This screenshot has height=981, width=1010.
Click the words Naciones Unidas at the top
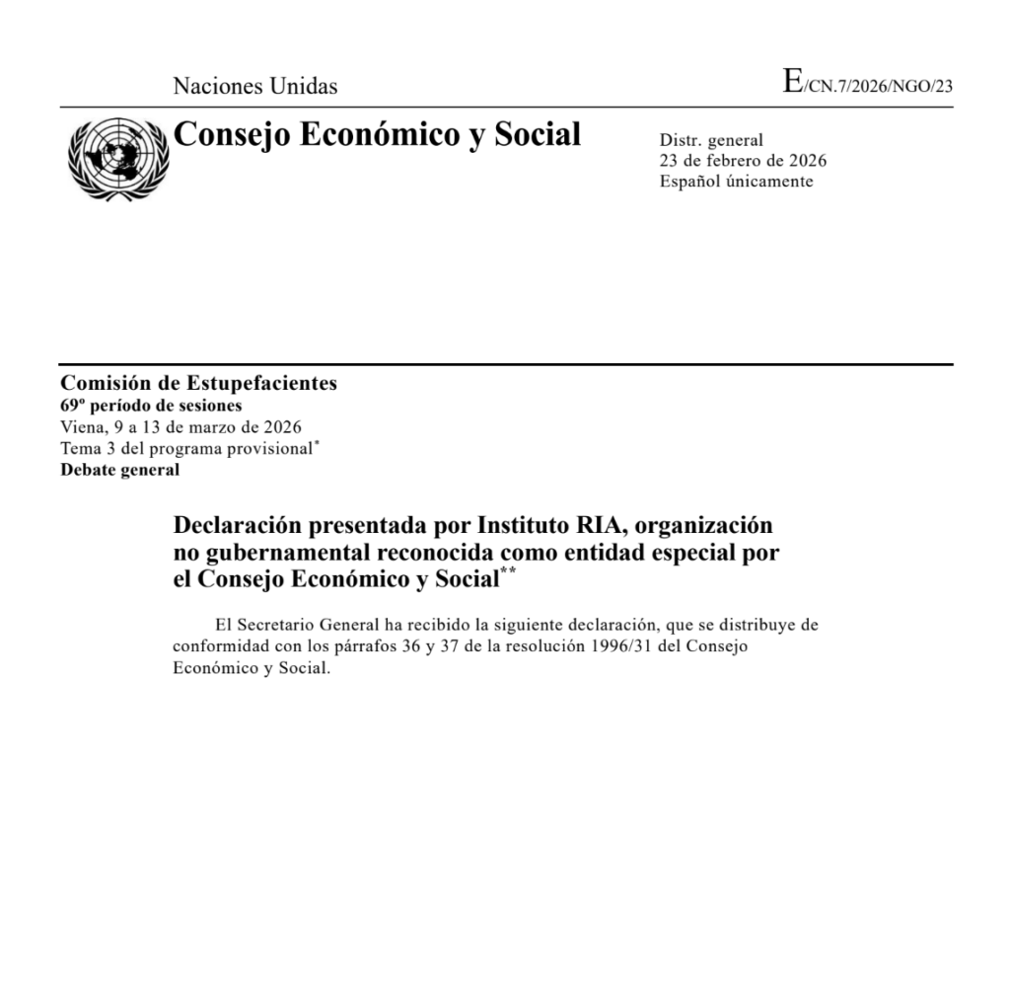(254, 86)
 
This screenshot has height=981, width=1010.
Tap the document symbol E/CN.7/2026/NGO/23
(868, 84)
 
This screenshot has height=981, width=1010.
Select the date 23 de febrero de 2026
(743, 161)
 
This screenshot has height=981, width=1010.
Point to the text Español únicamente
(736, 182)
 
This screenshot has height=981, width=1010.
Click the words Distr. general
(711, 141)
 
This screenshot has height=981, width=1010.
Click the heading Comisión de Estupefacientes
(198, 384)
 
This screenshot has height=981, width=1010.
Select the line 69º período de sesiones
(151, 406)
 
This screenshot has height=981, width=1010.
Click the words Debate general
(120, 470)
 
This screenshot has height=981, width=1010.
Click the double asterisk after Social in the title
(507, 572)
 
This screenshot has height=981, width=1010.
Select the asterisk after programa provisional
(316, 443)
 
